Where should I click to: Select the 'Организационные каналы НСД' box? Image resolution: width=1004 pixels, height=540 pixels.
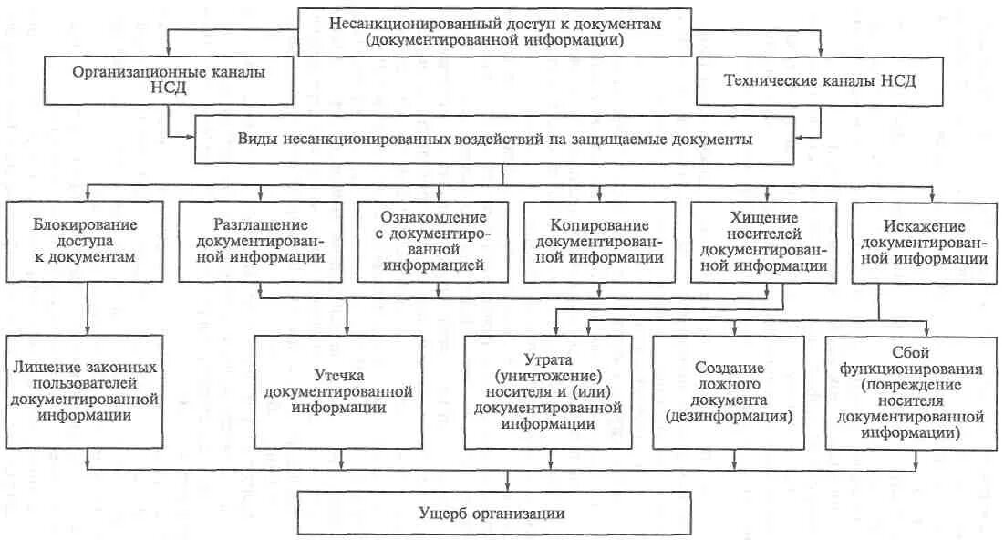(x=171, y=80)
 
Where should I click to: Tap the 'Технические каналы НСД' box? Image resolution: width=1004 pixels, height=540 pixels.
(x=819, y=80)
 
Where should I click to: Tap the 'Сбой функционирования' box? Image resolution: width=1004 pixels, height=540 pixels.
(x=906, y=390)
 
